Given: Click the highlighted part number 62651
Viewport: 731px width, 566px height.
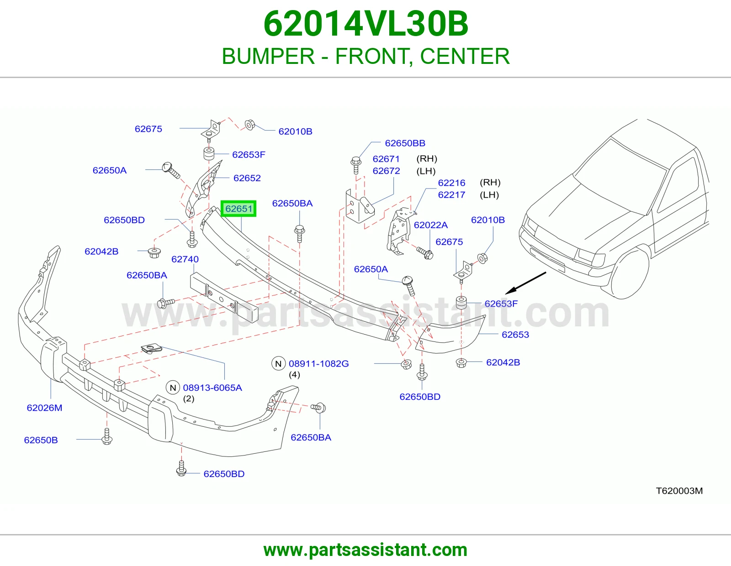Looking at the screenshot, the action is click(x=238, y=209).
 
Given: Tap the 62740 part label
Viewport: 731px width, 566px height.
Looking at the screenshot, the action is click(x=185, y=259).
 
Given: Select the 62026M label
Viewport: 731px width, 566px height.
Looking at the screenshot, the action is click(x=44, y=408).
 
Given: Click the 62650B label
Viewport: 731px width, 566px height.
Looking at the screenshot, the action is click(x=41, y=440).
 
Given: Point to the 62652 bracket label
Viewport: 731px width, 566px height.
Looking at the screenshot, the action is click(x=247, y=178).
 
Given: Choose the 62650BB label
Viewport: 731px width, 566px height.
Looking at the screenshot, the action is click(x=405, y=143).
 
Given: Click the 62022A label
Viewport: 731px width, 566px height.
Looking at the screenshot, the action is click(x=430, y=225).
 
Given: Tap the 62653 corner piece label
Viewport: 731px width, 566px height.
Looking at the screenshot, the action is click(x=515, y=335).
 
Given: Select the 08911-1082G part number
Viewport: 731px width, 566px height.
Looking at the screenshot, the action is click(x=318, y=363).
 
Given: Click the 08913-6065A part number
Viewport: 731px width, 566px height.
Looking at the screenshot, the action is click(x=212, y=388).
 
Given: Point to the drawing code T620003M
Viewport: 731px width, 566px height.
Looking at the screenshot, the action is click(x=679, y=491).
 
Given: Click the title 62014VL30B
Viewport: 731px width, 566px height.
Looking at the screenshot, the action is click(x=365, y=24).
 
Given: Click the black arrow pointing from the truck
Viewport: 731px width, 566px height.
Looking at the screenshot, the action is click(x=525, y=283).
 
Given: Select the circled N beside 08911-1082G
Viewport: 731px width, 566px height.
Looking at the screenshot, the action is click(x=278, y=363).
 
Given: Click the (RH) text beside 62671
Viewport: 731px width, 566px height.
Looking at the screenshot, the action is click(x=427, y=158).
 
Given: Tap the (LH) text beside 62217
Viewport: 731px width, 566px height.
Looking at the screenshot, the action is click(x=489, y=194).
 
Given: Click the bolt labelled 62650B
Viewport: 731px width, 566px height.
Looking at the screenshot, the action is click(x=107, y=436).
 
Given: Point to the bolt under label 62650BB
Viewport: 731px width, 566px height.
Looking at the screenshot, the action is click(x=356, y=165).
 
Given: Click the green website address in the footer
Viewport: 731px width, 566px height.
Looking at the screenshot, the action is click(x=365, y=550).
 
